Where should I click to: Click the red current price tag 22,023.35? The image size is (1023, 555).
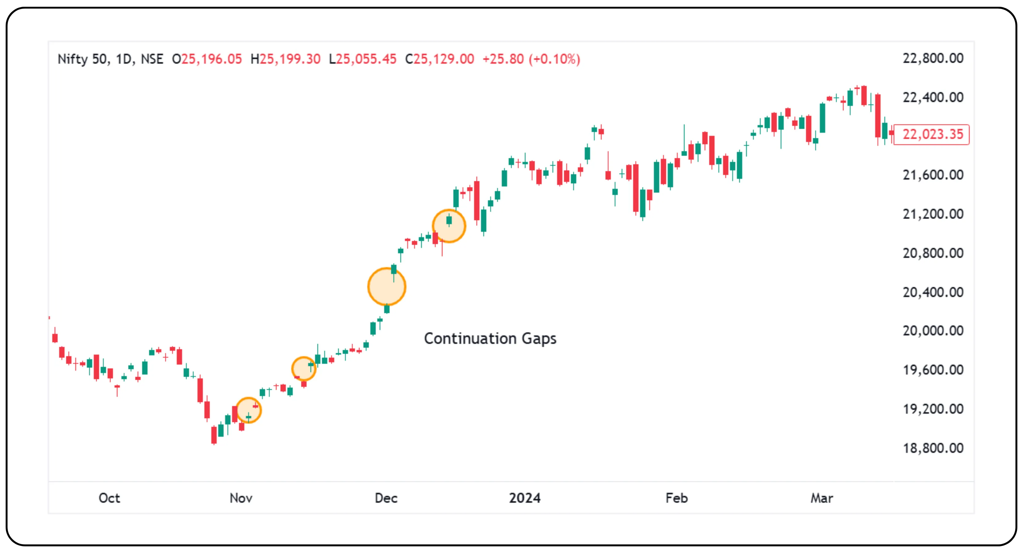[x=932, y=134]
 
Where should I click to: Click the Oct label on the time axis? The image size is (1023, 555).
[x=109, y=498]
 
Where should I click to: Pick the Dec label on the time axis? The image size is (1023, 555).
[x=386, y=498]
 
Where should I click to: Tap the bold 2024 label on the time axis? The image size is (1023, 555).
[x=525, y=498]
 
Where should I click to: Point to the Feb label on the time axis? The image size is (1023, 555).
[x=676, y=498]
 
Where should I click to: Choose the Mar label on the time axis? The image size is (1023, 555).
[x=822, y=498]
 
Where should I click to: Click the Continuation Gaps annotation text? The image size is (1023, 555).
[x=490, y=339]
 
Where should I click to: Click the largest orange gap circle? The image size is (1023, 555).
[x=386, y=287]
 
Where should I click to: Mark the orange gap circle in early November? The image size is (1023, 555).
[x=249, y=410]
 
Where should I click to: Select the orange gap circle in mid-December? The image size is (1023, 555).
[x=449, y=226]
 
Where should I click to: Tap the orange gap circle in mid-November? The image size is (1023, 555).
[x=304, y=369]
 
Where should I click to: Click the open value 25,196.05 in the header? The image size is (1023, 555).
[x=211, y=59]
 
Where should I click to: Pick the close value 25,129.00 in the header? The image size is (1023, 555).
[x=444, y=59]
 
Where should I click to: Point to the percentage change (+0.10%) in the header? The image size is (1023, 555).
[x=554, y=59]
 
